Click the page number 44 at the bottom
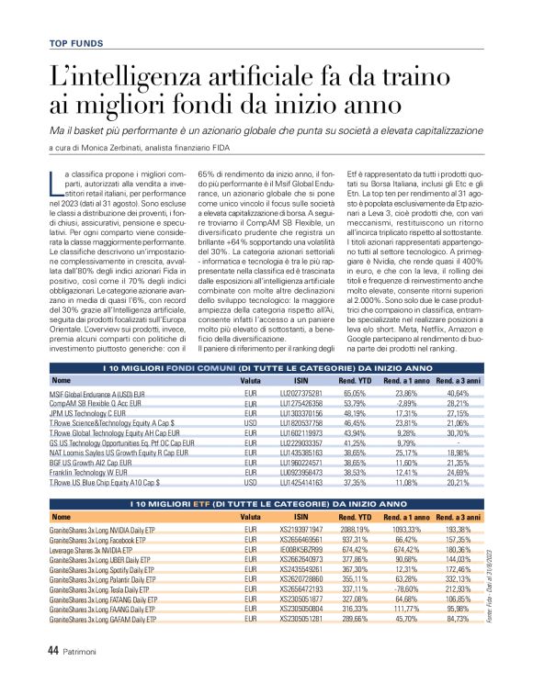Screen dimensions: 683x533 point(54,649)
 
